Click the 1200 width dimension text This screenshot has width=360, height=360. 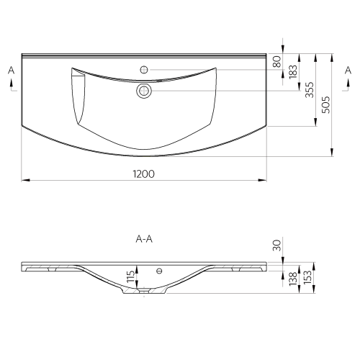(x=144, y=174)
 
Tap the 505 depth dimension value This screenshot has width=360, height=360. (x=326, y=105)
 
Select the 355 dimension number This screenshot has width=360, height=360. (x=310, y=90)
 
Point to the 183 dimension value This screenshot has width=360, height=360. (x=293, y=72)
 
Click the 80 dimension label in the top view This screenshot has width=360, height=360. (x=277, y=61)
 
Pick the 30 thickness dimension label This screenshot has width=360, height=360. (x=277, y=245)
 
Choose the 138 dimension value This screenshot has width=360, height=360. (x=293, y=279)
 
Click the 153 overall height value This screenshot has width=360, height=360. (x=307, y=277)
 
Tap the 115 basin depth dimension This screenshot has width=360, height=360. (x=131, y=276)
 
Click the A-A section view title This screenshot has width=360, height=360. (x=144, y=239)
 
